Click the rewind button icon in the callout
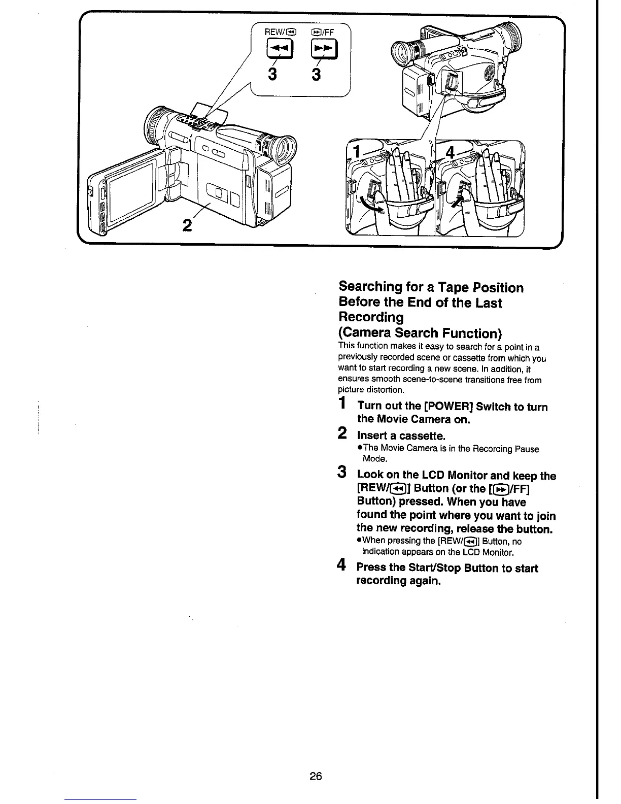click(x=277, y=50)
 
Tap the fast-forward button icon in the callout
click(x=320, y=50)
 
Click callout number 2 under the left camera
click(x=187, y=225)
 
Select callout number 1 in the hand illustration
click(x=359, y=152)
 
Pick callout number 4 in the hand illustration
click(x=450, y=153)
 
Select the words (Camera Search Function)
click(x=420, y=333)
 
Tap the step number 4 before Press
click(x=343, y=565)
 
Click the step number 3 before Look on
click(x=343, y=473)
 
